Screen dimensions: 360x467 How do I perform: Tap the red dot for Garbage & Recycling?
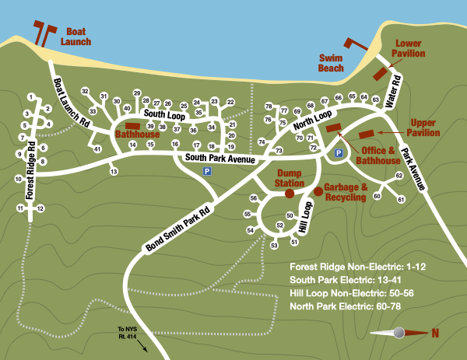pyautogui.click(x=318, y=191)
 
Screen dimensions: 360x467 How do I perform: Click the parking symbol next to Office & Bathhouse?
pyautogui.click(x=339, y=154)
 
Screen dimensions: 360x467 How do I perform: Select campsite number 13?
pyautogui.click(x=114, y=171)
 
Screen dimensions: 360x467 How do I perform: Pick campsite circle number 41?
pyautogui.click(x=97, y=149)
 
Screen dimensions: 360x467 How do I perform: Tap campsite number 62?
pyautogui.click(x=399, y=176)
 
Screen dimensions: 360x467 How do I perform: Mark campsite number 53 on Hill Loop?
pyautogui.click(x=274, y=246)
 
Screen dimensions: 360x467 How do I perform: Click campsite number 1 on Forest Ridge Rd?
pyautogui.click(x=30, y=97)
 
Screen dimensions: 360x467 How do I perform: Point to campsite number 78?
pyautogui.click(x=269, y=106)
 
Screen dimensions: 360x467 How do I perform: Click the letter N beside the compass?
pyautogui.click(x=434, y=334)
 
